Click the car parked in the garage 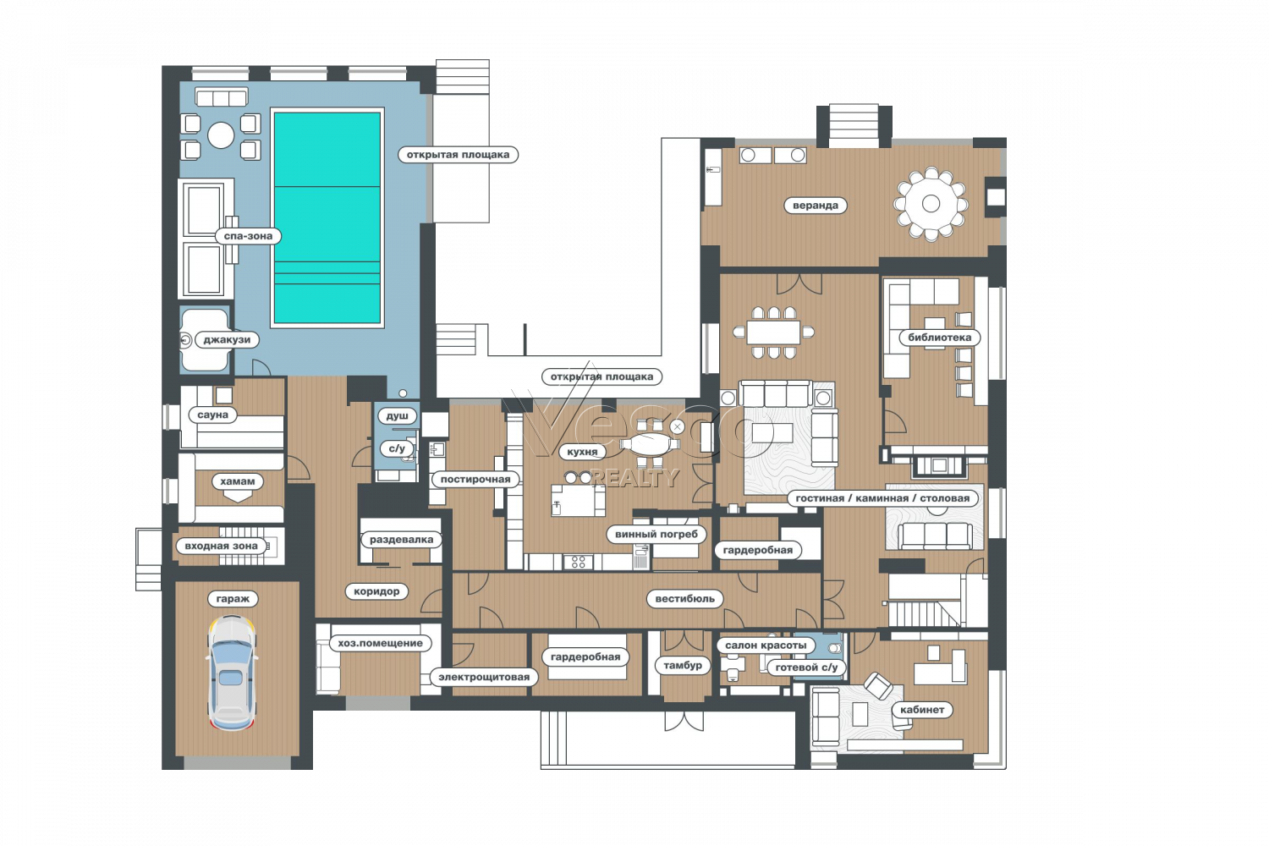tap(232, 673)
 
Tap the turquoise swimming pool tap(327, 217)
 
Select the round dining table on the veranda tap(931, 203)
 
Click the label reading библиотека tap(939, 338)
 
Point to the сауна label tap(212, 415)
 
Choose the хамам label tap(238, 481)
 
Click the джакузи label tap(227, 340)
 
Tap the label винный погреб tap(656, 534)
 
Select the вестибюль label tap(685, 598)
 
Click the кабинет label tap(922, 710)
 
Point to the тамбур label tap(682, 665)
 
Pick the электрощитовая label tap(484, 677)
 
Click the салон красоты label tap(766, 645)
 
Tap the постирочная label tap(475, 480)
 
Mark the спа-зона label tap(248, 236)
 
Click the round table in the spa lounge tap(221, 135)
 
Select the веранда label tap(816, 205)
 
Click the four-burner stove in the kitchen tap(579, 562)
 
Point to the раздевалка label tap(401, 540)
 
